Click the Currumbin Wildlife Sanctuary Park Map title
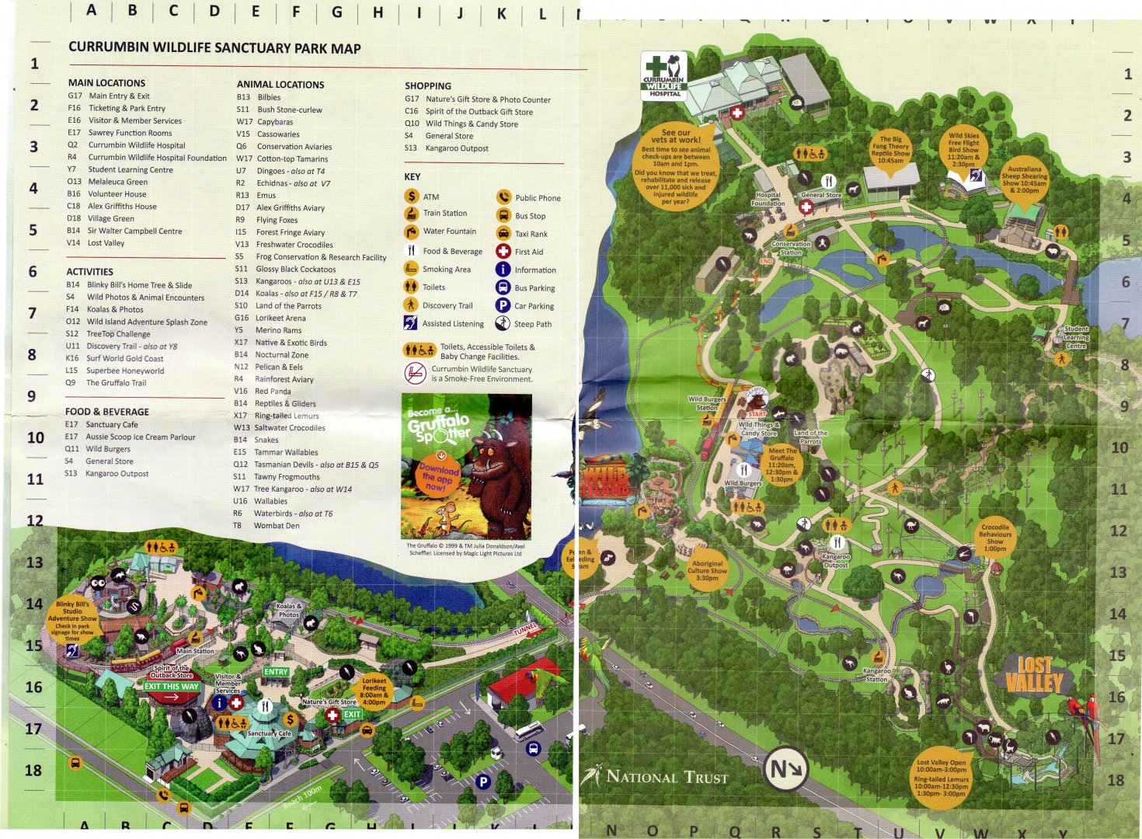tap(214, 48)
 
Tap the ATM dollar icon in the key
tap(411, 197)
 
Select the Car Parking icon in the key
tap(503, 306)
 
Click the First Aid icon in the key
tap(503, 252)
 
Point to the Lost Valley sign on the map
tap(1033, 674)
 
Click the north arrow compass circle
tap(786, 769)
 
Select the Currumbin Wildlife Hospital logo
tap(664, 75)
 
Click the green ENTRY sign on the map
tap(276, 672)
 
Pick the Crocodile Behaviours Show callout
tap(995, 537)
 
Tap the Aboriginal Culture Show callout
tap(707, 570)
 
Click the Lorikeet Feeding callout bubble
tap(374, 691)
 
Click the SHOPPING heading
tap(427, 85)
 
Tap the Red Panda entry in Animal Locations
tap(272, 392)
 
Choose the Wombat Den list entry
tap(276, 526)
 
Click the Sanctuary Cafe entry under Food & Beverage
tap(111, 425)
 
